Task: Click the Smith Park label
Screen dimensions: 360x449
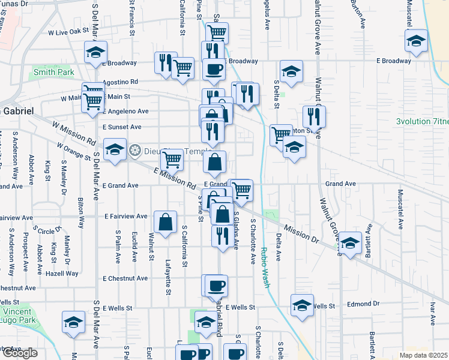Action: tap(53, 72)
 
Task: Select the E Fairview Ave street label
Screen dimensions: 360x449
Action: tap(125, 216)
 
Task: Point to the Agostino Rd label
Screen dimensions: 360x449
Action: tap(121, 82)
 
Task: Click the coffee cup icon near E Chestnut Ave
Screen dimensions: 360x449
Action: tap(216, 285)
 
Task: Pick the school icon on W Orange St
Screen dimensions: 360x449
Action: tap(114, 149)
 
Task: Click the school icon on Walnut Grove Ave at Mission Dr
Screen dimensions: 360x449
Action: tap(350, 242)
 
